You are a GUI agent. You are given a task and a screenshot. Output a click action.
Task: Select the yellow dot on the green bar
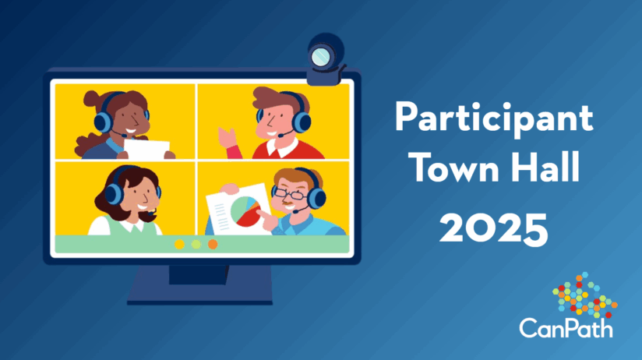tap(179, 244)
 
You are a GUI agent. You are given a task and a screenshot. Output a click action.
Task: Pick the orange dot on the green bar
tap(213, 244)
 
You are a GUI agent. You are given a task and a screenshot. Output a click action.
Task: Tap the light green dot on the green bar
tap(196, 244)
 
